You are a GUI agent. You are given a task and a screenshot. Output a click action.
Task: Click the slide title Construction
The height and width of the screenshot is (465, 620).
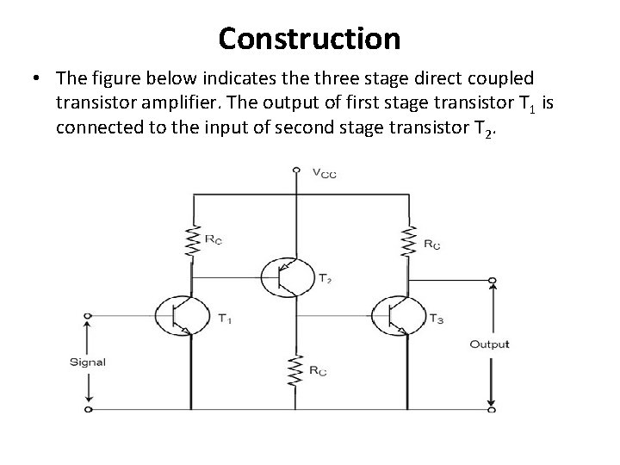tap(309, 39)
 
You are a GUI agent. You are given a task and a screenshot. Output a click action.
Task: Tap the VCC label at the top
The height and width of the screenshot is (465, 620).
tap(323, 173)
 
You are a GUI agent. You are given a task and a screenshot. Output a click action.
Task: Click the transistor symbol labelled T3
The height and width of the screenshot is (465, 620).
tap(397, 315)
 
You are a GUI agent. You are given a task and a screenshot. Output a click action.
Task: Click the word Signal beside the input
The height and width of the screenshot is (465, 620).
tap(88, 362)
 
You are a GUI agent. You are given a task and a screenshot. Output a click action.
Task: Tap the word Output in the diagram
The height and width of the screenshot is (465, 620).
tap(489, 344)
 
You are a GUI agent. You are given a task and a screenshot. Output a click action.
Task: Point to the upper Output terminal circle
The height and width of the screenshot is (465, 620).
tap(492, 281)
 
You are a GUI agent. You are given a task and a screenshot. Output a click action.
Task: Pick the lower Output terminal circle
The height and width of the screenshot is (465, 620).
tap(492, 409)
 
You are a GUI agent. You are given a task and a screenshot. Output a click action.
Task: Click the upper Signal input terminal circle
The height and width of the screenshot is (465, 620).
tap(88, 315)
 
